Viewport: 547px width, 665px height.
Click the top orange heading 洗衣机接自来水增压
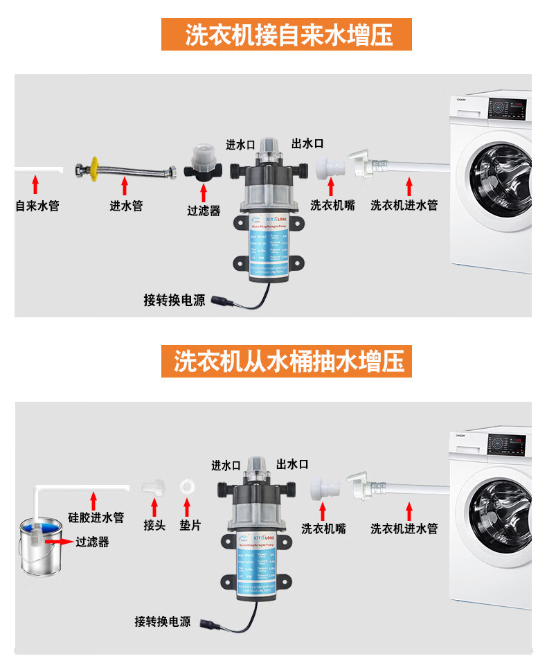pos(287,35)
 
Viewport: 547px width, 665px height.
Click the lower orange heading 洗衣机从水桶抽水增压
pos(287,361)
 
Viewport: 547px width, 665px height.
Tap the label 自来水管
pos(37,206)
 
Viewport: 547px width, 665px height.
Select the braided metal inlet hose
pos(125,168)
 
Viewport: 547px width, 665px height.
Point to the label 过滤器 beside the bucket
pos(93,542)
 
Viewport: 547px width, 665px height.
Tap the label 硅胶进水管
pos(96,517)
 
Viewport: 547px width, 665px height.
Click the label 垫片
pos(190,525)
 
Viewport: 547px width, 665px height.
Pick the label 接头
pos(154,525)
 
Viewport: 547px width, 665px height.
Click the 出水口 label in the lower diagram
pos(292,465)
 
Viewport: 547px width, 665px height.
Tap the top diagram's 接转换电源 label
pos(174,300)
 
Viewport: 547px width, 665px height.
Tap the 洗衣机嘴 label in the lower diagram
pos(323,529)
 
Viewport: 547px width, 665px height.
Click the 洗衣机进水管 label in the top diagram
pos(404,206)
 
